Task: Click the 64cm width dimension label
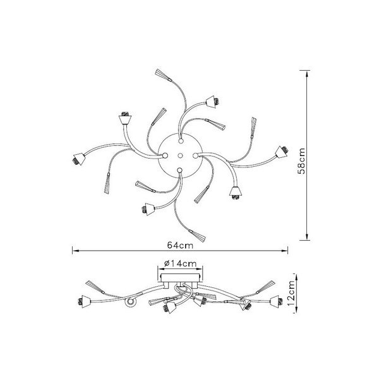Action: (180, 245)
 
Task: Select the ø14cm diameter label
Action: (180, 263)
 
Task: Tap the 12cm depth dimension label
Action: (292, 293)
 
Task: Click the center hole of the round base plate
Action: (180, 155)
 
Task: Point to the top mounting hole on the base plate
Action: (180, 141)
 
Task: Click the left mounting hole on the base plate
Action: (165, 155)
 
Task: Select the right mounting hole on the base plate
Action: (195, 155)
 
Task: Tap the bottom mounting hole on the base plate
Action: (179, 171)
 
